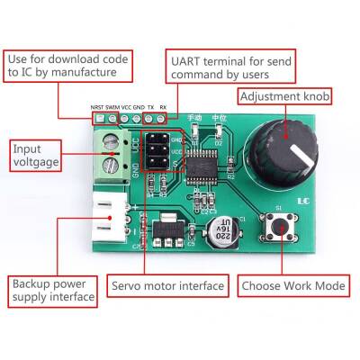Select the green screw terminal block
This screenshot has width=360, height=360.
click(112, 152)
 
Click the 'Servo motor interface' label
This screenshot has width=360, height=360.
click(167, 286)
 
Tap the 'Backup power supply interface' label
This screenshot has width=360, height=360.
click(52, 289)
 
